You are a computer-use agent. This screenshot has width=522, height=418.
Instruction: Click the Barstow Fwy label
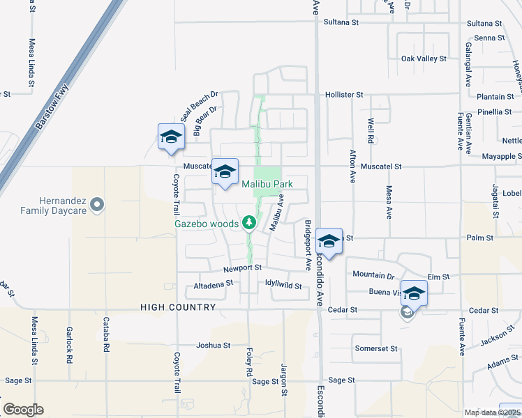pos(53,109)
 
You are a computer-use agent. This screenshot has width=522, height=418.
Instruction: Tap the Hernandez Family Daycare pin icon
pos(97,204)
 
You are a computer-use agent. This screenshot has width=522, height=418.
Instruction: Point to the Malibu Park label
pos(267,184)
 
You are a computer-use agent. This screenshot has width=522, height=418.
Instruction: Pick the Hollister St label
pos(344,94)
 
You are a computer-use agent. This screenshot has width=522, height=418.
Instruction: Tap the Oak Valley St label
pos(424,59)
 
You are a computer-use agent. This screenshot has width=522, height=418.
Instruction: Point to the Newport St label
pos(242,268)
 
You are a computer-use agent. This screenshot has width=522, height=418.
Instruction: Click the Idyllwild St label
pos(283,286)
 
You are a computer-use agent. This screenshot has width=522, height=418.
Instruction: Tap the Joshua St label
pos(214,345)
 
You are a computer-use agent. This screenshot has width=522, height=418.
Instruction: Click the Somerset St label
pos(376,348)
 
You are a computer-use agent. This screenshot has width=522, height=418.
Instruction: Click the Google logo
pos(23,410)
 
